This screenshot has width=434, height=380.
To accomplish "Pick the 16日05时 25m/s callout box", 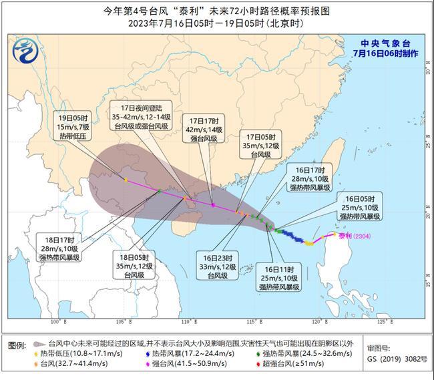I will pos(360,207).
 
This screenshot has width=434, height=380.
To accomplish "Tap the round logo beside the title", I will pos(27,48).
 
